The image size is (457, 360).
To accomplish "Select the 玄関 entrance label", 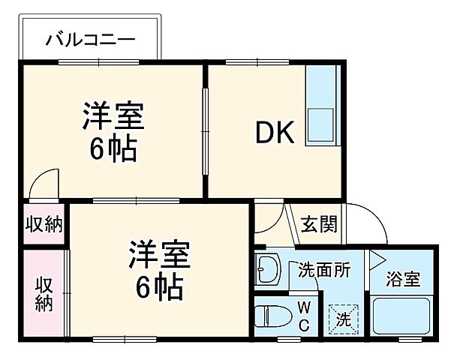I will pos(319,223).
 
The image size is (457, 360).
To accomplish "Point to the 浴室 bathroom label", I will pos(403,279).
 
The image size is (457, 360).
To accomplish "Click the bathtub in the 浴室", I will pos(402,316).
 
